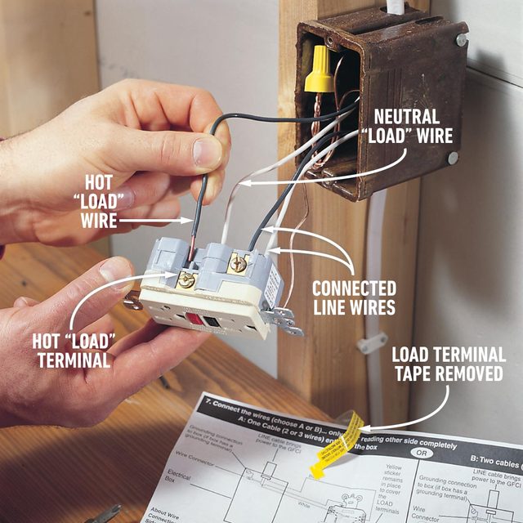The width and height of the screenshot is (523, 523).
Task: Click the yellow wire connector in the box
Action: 320,69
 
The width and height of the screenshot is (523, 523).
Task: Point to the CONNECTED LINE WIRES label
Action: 354,297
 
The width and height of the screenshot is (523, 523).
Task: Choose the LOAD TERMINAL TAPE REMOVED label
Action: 448,364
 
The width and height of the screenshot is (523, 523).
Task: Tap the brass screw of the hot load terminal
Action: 186,279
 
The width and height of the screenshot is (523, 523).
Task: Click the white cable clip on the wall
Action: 373,342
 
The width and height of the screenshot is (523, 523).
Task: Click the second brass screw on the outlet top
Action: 239,263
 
